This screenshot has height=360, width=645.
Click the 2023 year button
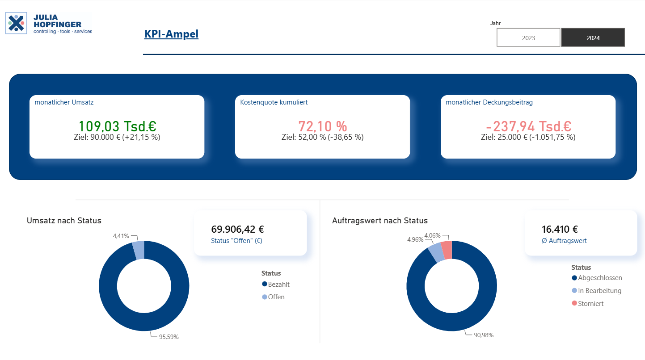pos(528,38)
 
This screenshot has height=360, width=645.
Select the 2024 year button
pos(593,38)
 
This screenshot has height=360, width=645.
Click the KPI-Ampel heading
pos(171,34)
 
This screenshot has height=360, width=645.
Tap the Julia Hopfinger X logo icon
pos(16,23)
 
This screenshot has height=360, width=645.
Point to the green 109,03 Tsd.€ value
pos(118,126)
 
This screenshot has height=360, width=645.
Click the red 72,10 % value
pos(323,126)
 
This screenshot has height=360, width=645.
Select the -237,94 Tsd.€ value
pos(529,126)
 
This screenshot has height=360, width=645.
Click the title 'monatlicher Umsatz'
pos(64,102)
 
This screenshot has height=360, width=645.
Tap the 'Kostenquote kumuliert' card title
pos(274,102)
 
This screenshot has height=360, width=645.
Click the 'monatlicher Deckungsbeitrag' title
pos(489,102)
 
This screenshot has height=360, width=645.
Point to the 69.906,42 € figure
pos(237,229)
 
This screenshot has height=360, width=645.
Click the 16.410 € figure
pos(560,229)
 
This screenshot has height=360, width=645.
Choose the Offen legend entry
pos(273,297)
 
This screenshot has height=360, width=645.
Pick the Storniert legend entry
pos(587,304)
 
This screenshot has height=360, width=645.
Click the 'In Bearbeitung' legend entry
pos(596,291)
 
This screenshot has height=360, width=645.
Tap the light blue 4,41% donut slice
pos(139,250)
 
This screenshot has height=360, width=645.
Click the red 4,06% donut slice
pos(447,250)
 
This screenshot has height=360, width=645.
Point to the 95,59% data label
pos(169,337)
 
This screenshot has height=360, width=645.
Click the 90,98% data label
pos(484,335)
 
